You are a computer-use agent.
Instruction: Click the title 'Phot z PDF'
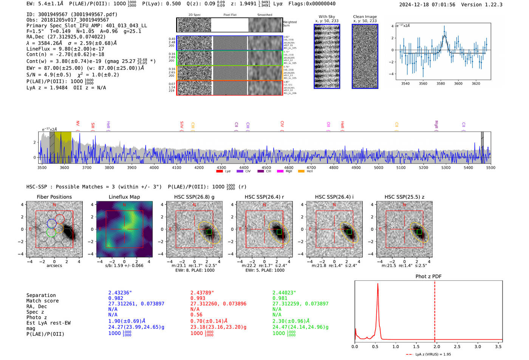pyautogui.click(x=428, y=277)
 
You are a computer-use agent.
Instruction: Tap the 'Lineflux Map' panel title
pyautogui.click(x=124, y=197)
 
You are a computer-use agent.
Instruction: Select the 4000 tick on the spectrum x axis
pyautogui.click(x=154, y=167)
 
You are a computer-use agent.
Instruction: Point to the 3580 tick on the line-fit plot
pyautogui.click(x=441, y=83)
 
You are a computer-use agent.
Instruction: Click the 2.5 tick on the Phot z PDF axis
pyautogui.click(x=457, y=346)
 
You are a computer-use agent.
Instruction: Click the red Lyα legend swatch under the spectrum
pyautogui.click(x=219, y=172)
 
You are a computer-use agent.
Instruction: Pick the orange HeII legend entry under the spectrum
pyautogui.click(x=301, y=172)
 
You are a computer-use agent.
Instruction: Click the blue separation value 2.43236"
pyautogui.click(x=120, y=293)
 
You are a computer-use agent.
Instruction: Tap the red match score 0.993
pyautogui.click(x=198, y=298)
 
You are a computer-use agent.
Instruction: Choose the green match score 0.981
pyautogui.click(x=280, y=298)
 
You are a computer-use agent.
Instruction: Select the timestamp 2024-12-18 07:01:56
pyautogui.click(x=427, y=5)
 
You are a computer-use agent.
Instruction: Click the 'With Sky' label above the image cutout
pyautogui.click(x=326, y=17)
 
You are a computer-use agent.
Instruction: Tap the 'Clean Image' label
pyautogui.click(x=365, y=17)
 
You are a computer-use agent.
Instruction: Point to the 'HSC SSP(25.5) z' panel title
pyautogui.click(x=404, y=197)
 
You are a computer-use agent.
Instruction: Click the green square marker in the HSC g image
pyautogui.click(x=209, y=232)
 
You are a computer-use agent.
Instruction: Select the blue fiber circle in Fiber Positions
pyautogui.click(x=51, y=223)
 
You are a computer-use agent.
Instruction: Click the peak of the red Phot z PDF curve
pyautogui.click(x=377, y=284)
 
